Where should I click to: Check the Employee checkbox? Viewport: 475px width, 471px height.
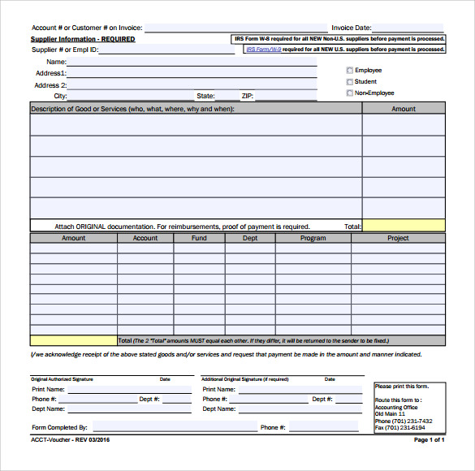[x=350, y=71]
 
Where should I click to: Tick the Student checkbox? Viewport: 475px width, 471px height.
[x=350, y=82]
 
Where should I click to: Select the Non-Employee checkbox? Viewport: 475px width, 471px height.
[x=350, y=93]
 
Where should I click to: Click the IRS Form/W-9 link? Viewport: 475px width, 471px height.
[x=264, y=50]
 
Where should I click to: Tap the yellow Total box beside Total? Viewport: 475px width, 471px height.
[x=404, y=226]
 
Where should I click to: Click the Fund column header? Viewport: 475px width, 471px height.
[x=199, y=238]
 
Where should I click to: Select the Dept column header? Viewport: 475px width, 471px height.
[x=250, y=238]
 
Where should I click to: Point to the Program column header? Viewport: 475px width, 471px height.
[x=313, y=238]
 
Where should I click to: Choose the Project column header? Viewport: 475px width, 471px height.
[x=398, y=238]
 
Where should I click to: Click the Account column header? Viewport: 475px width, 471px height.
[x=145, y=238]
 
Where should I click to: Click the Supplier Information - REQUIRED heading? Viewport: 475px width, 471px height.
[x=83, y=39]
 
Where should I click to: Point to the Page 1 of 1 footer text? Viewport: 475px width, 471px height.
[x=430, y=439]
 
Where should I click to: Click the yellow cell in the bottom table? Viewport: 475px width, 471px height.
[x=73, y=341]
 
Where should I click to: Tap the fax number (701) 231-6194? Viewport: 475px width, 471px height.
[x=406, y=427]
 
